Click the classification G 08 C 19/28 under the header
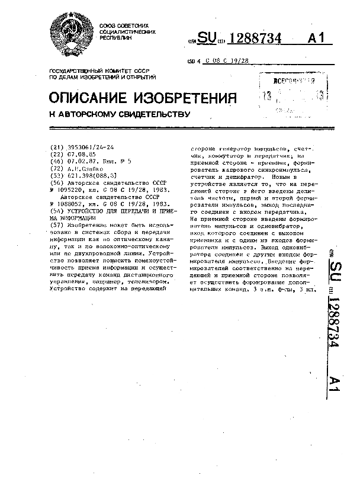226,61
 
